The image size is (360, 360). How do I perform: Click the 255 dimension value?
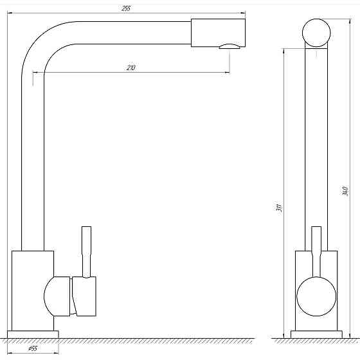pos(126,8)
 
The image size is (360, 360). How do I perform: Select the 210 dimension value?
pos(131,67)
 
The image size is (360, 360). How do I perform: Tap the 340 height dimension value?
pos(345,191)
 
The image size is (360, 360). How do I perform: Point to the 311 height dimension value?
pos(279,207)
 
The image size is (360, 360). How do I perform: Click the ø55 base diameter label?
pos(33,348)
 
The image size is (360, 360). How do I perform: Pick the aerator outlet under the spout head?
pos(230,46)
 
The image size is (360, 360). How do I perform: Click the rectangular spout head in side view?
pos(218,33)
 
